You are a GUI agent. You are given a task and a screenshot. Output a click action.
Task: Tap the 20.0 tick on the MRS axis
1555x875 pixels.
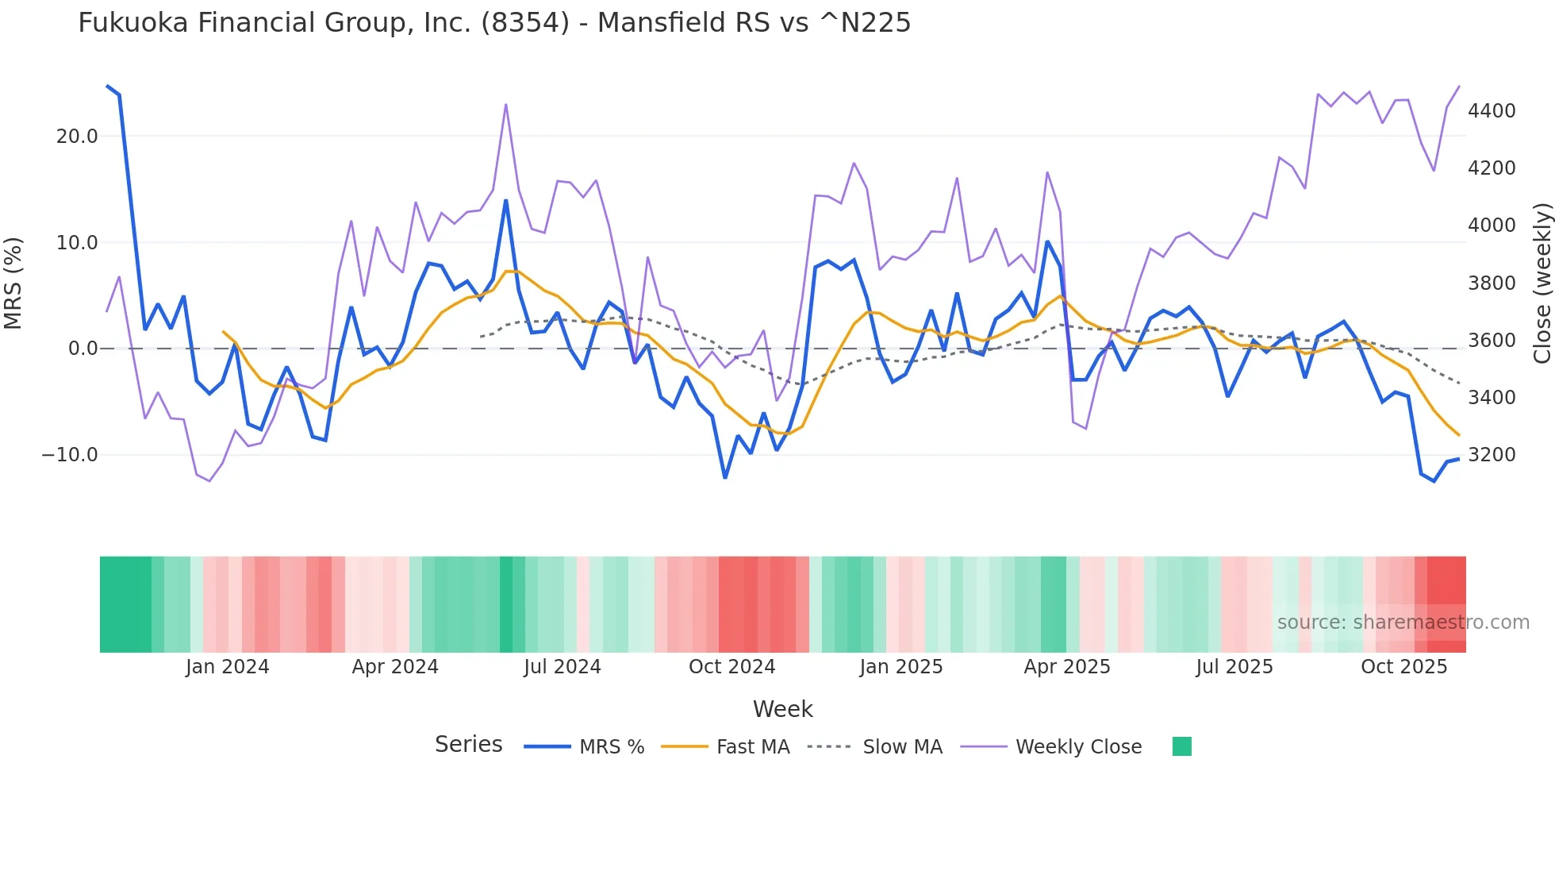click(x=77, y=137)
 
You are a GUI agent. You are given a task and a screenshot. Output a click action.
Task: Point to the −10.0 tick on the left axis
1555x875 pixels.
click(x=70, y=455)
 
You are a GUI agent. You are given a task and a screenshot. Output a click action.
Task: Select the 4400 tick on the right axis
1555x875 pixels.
click(x=1492, y=111)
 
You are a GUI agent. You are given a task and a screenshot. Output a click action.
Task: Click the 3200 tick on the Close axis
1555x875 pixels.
click(x=1492, y=455)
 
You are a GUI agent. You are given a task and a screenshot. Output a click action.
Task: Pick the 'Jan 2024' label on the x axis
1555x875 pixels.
click(x=228, y=667)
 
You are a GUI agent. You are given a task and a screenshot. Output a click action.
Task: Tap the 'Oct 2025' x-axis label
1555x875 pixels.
click(x=1403, y=667)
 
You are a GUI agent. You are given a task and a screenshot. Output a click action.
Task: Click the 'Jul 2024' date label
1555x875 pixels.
click(x=562, y=667)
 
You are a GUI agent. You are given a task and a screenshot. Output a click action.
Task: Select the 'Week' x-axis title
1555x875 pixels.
click(x=782, y=709)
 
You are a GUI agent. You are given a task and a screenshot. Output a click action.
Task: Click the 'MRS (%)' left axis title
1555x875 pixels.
click(x=13, y=283)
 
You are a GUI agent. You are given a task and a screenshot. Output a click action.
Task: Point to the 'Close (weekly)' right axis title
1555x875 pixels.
click(x=1542, y=283)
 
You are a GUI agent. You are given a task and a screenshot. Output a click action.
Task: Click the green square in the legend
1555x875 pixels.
click(x=1181, y=746)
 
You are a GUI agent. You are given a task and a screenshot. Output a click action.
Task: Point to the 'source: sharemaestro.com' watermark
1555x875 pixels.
click(x=1403, y=623)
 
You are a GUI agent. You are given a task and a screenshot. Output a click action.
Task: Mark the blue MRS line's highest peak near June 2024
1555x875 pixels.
click(x=506, y=201)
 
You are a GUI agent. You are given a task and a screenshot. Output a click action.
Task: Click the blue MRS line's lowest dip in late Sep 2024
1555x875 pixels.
click(x=725, y=477)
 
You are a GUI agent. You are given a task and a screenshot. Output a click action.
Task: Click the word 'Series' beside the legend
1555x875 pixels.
click(x=468, y=745)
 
